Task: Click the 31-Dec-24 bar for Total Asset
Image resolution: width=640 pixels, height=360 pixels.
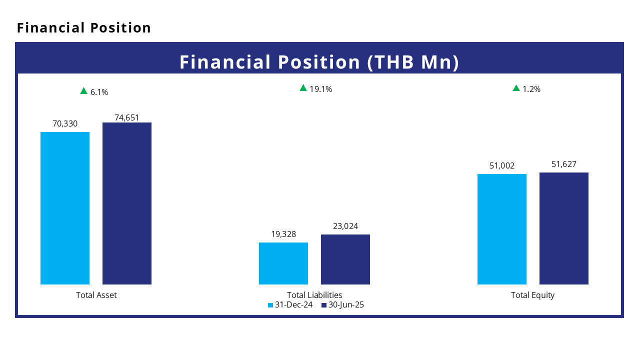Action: pos(65,208)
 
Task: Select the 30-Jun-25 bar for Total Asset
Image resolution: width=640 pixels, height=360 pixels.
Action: pos(127,203)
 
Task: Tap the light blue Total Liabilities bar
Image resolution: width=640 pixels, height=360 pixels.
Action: pos(283,263)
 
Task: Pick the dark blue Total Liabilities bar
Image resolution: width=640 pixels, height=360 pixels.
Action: pos(345,259)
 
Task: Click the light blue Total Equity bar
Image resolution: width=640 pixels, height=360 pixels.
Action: pos(502,229)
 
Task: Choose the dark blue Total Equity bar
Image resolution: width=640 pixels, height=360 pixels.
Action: pos(564,228)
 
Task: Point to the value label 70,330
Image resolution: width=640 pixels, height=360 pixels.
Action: pos(65,123)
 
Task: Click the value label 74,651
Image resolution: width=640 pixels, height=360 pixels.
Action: pos(127,117)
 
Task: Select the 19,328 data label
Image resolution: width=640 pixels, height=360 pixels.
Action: pos(283,234)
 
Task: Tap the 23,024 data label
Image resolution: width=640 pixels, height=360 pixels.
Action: pos(345,226)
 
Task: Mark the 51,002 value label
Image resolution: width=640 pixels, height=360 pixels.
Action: pos(502,165)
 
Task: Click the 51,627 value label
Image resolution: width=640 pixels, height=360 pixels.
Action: pos(564,164)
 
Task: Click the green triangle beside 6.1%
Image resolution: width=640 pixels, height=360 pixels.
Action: pos(83,91)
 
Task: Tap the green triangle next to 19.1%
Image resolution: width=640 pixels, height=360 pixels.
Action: pos(303,88)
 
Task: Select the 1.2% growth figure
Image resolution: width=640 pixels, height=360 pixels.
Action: pos(531,89)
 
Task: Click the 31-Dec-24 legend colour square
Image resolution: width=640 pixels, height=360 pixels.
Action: pos(270,305)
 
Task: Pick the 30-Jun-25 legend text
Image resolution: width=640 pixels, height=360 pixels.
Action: pos(346,305)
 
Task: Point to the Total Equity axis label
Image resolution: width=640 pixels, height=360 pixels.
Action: pos(532,295)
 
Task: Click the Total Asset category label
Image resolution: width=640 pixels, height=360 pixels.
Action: pos(96,295)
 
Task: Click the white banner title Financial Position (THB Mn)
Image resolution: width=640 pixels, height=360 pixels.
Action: pos(319,62)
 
